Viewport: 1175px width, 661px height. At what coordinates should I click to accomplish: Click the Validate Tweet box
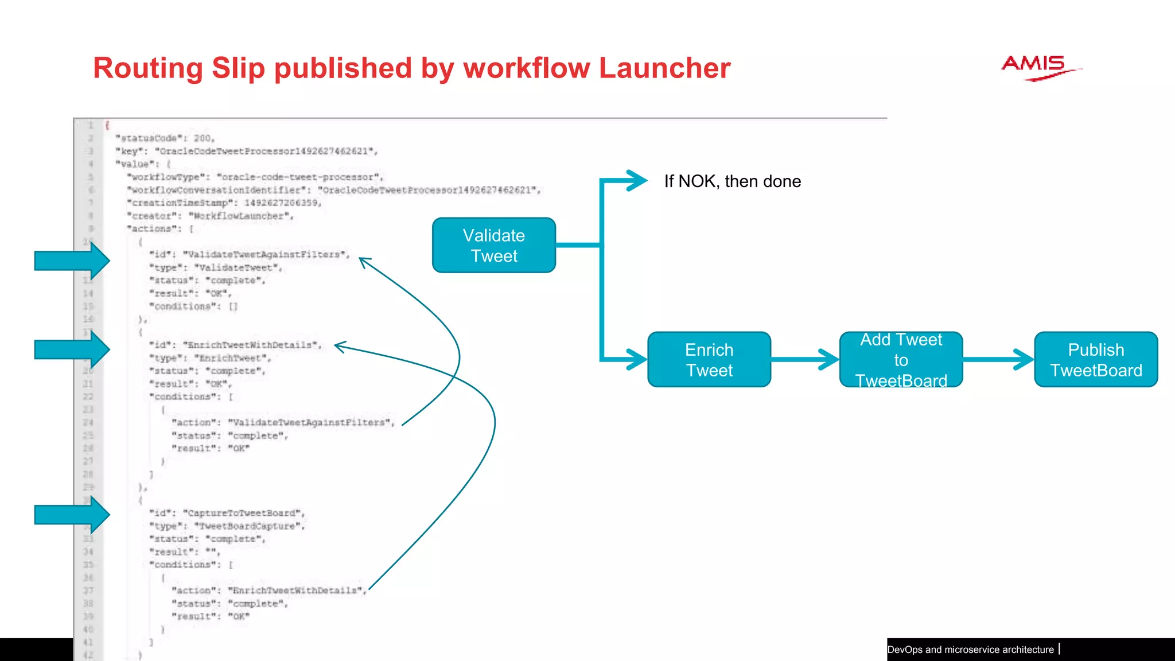pyautogui.click(x=493, y=245)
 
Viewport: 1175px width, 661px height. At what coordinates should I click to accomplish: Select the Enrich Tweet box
pyautogui.click(x=709, y=360)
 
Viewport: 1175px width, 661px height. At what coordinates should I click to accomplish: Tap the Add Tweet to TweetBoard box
pyautogui.click(x=901, y=360)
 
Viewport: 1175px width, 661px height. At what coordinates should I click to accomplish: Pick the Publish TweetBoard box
pyautogui.click(x=1096, y=360)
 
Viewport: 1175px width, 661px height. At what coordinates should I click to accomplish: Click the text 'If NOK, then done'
pyautogui.click(x=732, y=181)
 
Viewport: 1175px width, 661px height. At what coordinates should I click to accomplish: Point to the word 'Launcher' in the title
pyautogui.click(x=664, y=68)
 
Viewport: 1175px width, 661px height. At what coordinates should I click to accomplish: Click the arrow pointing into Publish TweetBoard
pyautogui.click(x=998, y=360)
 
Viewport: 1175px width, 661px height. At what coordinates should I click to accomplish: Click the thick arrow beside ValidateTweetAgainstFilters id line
pyautogui.click(x=72, y=260)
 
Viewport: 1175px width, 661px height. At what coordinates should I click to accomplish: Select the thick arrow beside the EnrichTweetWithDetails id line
pyautogui.click(x=72, y=349)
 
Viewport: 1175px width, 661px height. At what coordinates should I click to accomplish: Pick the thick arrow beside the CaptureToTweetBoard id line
pyautogui.click(x=72, y=515)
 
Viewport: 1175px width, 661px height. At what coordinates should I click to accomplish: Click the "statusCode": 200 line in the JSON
pyautogui.click(x=165, y=138)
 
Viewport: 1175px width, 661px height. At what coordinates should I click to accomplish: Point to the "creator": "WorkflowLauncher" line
pyautogui.click(x=210, y=216)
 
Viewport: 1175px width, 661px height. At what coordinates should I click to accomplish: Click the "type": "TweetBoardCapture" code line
pyautogui.click(x=227, y=526)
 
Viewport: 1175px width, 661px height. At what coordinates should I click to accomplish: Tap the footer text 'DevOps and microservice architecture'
pyautogui.click(x=970, y=650)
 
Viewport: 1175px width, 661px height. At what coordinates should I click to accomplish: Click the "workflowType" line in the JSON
pyautogui.click(x=255, y=177)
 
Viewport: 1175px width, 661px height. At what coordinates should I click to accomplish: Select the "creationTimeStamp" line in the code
pyautogui.click(x=224, y=203)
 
